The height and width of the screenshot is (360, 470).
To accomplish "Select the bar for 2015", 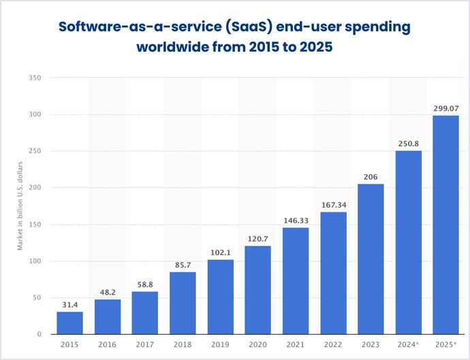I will click(69, 323).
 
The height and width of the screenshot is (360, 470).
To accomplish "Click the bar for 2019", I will click(221, 297).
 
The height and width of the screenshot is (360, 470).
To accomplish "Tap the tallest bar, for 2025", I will click(446, 225).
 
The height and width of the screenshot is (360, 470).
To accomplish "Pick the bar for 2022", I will click(333, 273).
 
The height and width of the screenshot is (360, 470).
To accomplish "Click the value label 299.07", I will click(446, 108).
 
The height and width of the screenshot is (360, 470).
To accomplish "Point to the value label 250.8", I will click(409, 144).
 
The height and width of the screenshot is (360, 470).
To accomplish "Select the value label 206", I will click(371, 176).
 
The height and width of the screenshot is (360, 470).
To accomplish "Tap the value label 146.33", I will click(296, 220).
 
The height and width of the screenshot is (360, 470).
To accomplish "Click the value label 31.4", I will click(69, 304).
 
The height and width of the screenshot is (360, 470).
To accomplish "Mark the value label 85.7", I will click(183, 265).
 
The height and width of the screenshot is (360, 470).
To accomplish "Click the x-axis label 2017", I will click(145, 346).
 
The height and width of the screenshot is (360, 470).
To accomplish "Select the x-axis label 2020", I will click(258, 346).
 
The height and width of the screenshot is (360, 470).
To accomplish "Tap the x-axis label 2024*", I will click(409, 346).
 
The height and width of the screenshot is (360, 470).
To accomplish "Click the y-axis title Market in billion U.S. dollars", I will click(21, 205).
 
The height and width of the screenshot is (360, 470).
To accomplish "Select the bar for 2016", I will click(108, 316).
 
